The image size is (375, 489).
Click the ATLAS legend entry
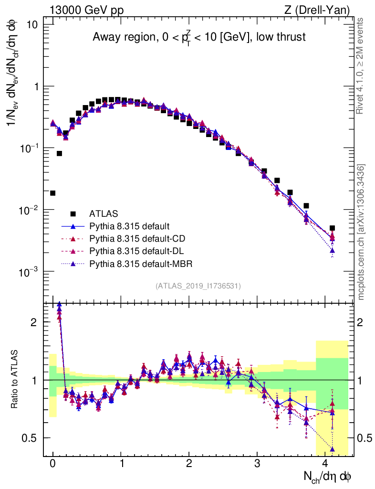(103, 213)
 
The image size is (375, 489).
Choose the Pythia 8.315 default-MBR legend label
(136, 263)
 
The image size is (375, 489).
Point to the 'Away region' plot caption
(199, 37)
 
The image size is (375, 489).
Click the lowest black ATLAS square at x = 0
(52, 193)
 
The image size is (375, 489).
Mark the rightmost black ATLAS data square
(332, 228)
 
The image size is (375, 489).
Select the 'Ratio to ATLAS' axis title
(15, 379)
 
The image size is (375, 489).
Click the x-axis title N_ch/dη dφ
(329, 477)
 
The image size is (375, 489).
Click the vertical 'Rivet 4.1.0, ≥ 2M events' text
(361, 66)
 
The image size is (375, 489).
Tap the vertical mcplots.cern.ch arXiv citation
(361, 232)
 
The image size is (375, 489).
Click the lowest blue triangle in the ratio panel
(332, 449)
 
